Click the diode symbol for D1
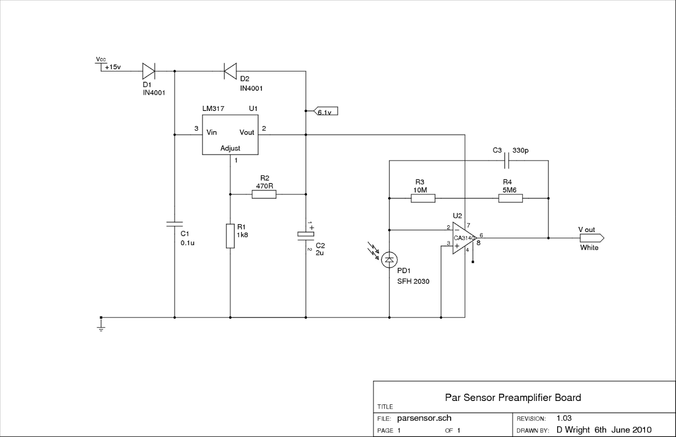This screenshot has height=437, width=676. point(148,71)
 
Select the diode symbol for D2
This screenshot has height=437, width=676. point(230,71)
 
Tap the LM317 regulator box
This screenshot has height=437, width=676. point(230,135)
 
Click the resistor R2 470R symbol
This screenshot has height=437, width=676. point(264,194)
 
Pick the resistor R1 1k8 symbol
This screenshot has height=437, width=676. point(230,235)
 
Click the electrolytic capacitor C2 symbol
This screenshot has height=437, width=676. point(305,234)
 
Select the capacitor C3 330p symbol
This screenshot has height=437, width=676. point(508,162)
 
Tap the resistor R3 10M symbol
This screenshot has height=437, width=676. point(422,198)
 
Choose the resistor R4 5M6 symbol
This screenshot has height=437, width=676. point(510,198)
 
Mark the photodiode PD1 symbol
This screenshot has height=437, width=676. point(389,260)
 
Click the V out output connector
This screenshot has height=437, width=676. point(591,238)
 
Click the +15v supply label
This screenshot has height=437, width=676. point(112,66)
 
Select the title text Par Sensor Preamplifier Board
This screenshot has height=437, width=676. point(513,398)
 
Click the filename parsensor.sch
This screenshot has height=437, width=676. point(424,418)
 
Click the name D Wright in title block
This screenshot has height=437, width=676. point(573,430)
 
